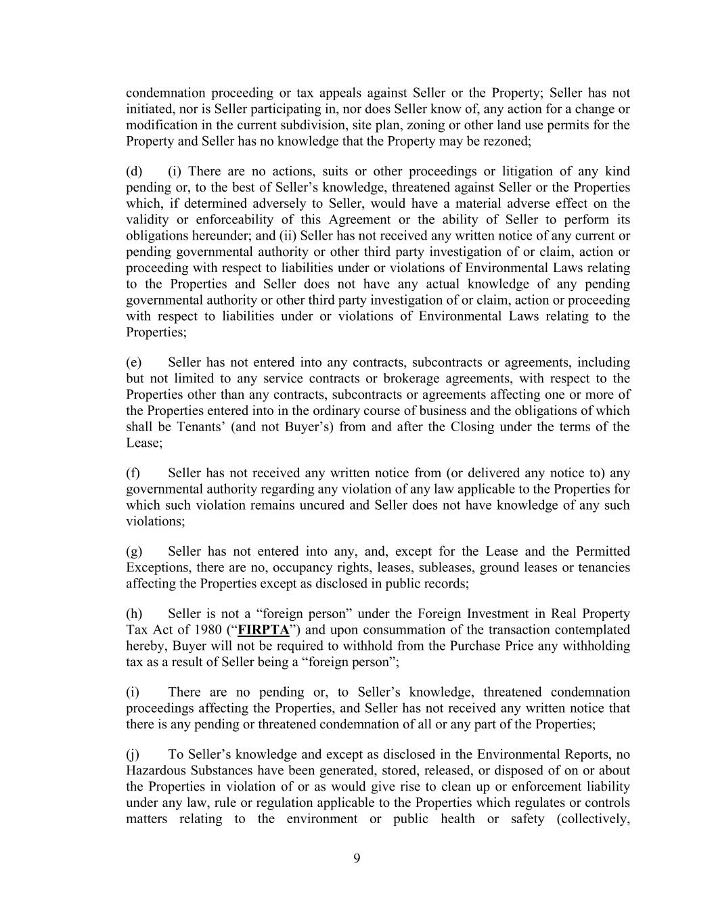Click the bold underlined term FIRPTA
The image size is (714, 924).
(263, 630)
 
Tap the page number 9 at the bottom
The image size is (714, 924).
(357, 859)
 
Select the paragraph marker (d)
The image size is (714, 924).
(134, 171)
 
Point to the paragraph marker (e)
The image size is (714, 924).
(134, 362)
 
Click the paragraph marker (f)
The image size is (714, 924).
(133, 473)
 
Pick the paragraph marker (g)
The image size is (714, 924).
(134, 552)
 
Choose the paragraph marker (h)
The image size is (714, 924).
(134, 614)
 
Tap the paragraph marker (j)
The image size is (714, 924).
(133, 755)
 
